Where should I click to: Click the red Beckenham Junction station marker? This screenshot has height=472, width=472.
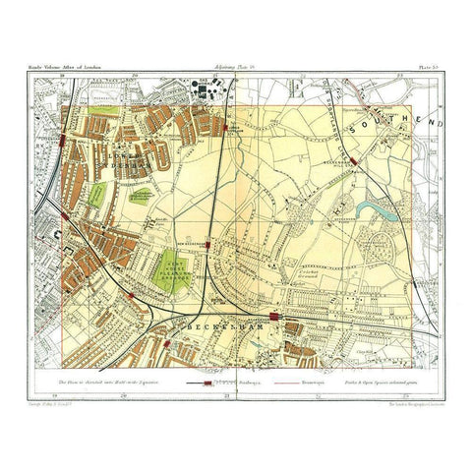[281, 317]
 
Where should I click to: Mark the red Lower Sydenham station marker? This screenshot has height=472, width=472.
[227, 128]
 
